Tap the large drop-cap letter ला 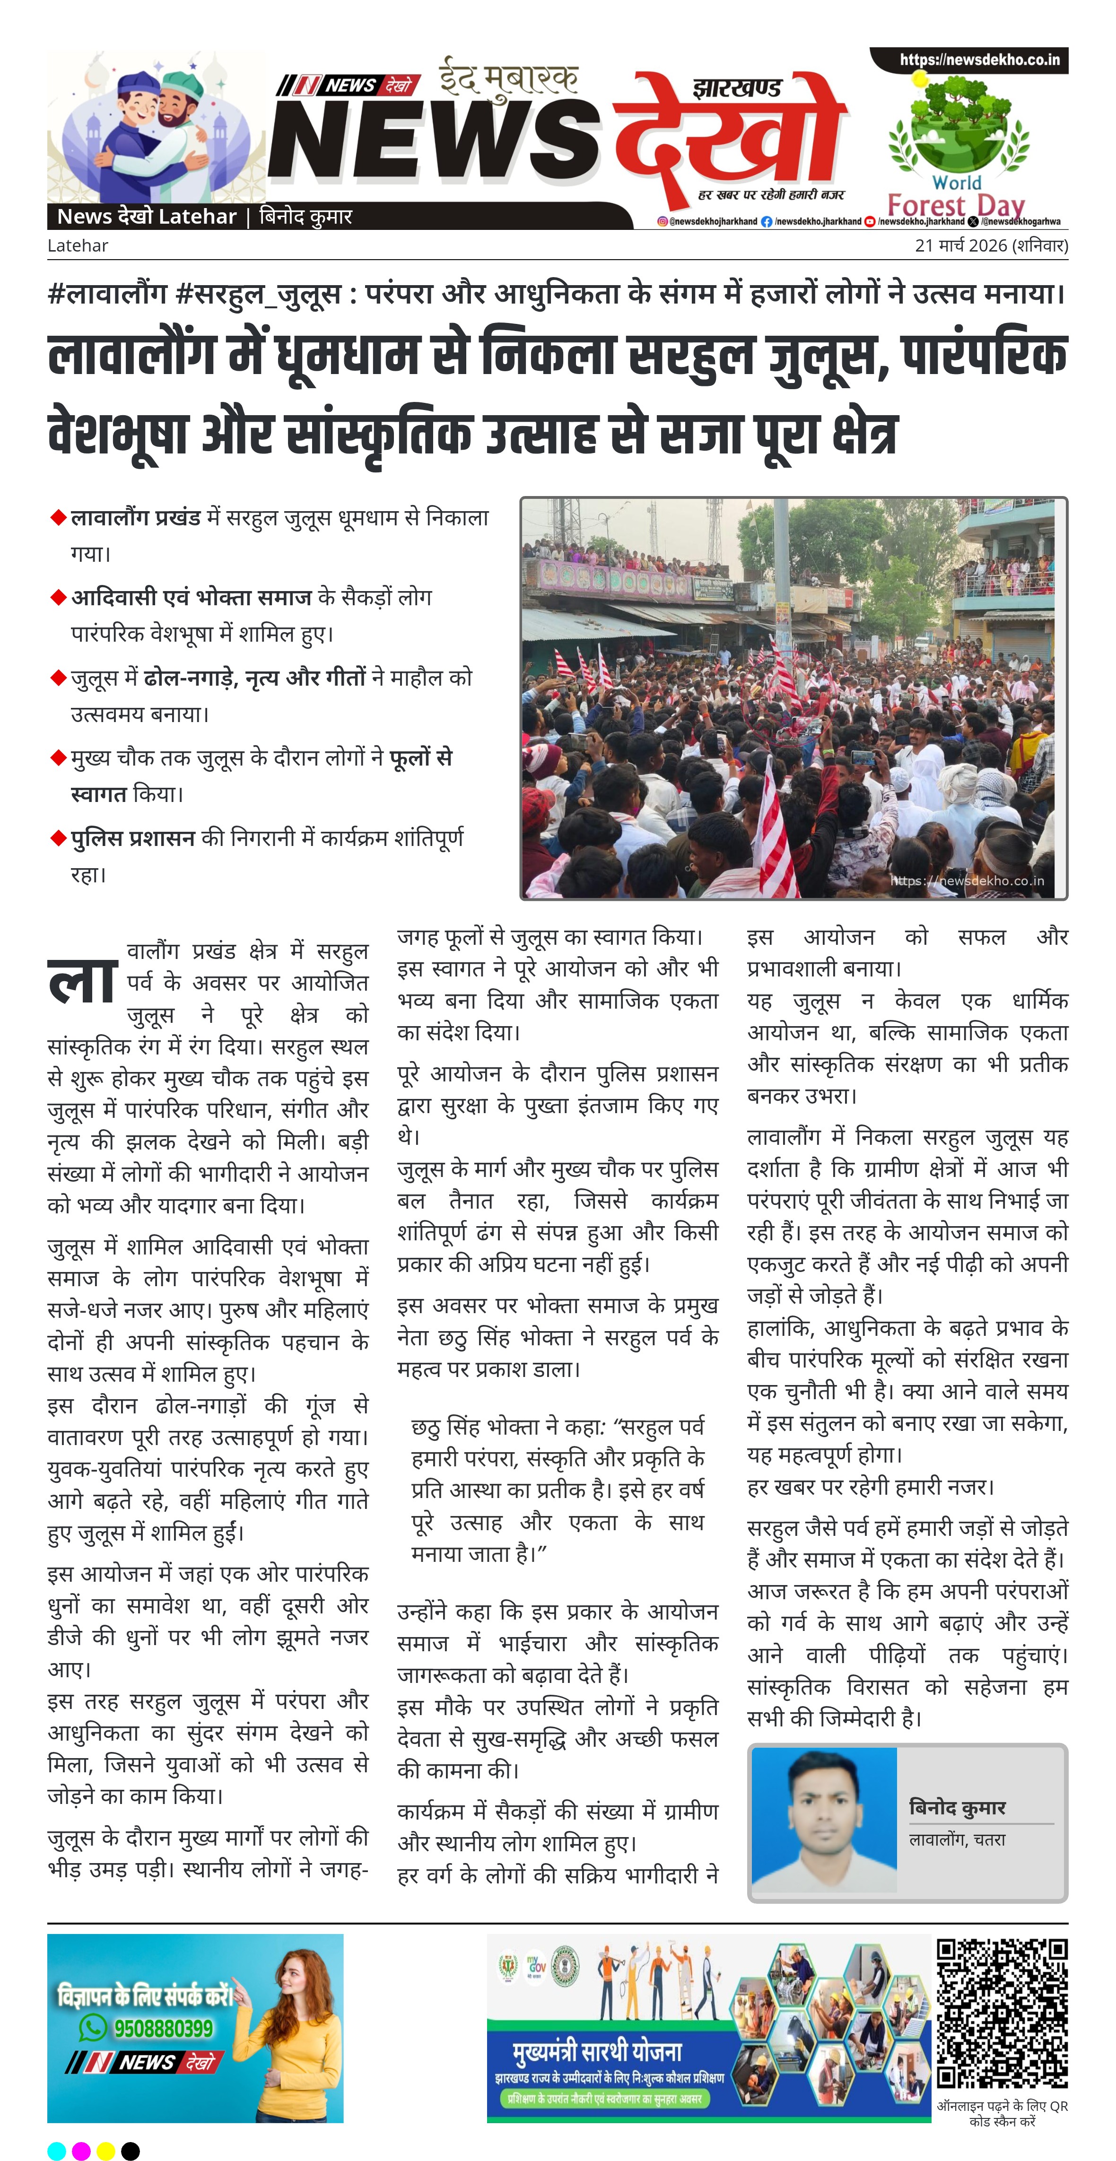(x=82, y=981)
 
